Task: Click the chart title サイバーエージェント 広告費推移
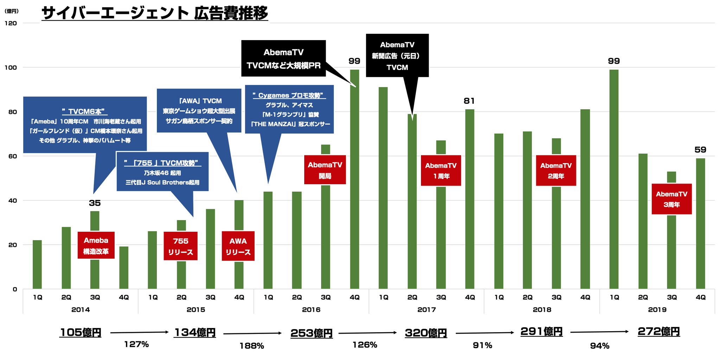tap(155, 14)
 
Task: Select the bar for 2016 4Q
tap(354, 179)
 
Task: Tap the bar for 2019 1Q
tap(614, 179)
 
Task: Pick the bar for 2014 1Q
tap(37, 264)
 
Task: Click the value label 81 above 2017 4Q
tap(469, 101)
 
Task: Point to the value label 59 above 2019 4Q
tap(700, 150)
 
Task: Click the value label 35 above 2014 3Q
tap(95, 203)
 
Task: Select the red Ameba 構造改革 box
tap(96, 245)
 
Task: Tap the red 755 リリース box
tap(180, 246)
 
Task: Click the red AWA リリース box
tap(238, 246)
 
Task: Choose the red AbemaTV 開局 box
tap(325, 170)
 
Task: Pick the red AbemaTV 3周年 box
tap(671, 199)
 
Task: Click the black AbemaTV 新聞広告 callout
tap(397, 56)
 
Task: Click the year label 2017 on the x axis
tap(426, 310)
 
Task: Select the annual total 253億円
tap(311, 333)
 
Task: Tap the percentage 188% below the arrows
tap(251, 346)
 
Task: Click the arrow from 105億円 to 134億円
tap(139, 332)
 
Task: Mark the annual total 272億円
tap(659, 332)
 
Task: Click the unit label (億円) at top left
tap(12, 11)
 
